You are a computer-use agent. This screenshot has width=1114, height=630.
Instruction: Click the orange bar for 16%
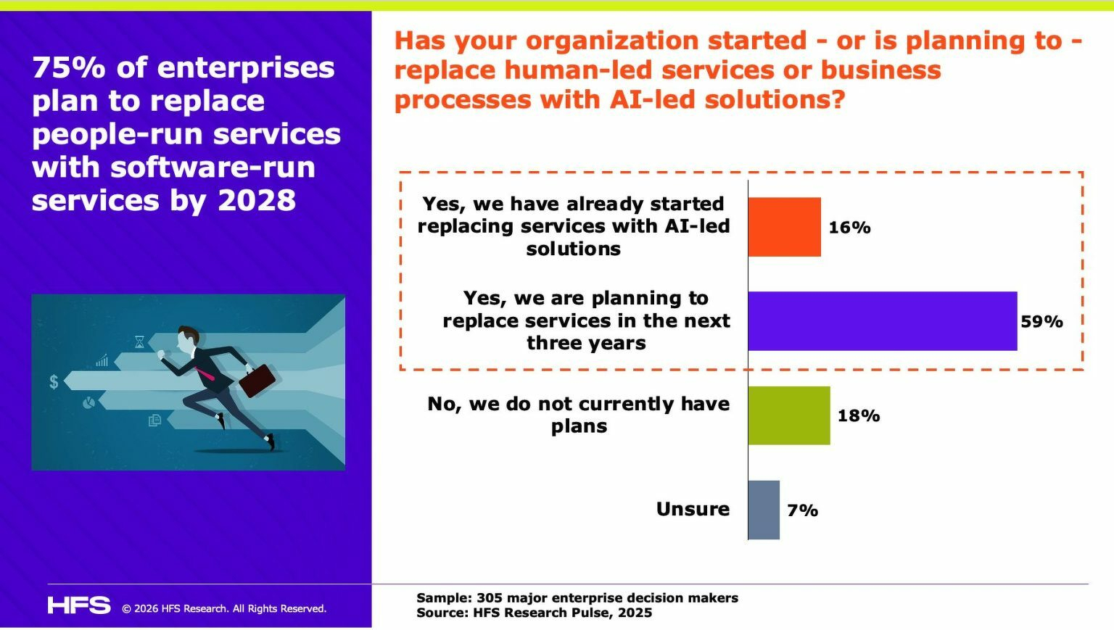coord(784,227)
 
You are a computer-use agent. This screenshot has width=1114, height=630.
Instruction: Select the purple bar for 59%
coord(882,321)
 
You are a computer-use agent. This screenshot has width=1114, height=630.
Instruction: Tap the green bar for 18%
coord(788,415)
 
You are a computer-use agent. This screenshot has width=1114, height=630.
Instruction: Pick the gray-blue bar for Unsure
coord(764,510)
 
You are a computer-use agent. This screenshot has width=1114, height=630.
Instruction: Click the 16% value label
coord(849,228)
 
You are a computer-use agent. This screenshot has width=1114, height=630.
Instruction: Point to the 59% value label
coord(1041,321)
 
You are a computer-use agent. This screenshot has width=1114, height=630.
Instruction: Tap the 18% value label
coord(859,415)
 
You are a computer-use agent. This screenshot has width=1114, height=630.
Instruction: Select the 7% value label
coord(802,510)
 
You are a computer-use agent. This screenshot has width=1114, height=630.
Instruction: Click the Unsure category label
coord(693,509)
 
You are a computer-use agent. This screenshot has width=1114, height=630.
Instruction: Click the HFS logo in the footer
coord(79,605)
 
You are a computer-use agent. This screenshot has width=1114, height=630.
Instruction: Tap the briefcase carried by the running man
coord(257,380)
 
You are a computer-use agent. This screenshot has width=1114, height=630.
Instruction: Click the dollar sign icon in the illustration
coord(54,382)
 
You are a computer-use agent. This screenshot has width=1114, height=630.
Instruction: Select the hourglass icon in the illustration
coord(139,341)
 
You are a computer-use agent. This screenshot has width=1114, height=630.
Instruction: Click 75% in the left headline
coord(69,67)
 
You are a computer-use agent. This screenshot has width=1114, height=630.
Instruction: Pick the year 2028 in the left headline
coord(257,200)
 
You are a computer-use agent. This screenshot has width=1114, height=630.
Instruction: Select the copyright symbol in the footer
coord(126,609)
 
